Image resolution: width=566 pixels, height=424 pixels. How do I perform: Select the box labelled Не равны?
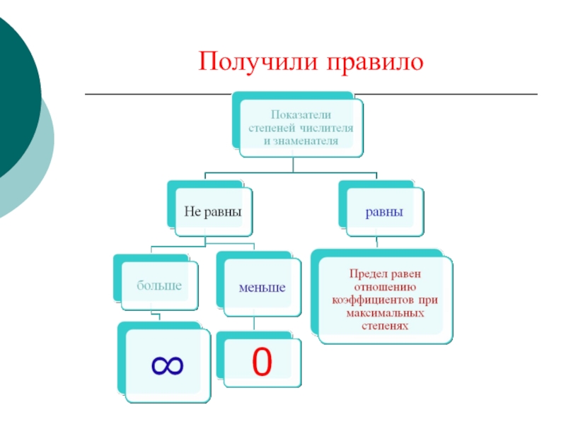[x=213, y=211]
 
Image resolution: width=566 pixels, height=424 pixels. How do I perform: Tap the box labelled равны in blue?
[x=384, y=211]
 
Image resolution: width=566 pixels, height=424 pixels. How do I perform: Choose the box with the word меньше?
[x=261, y=288]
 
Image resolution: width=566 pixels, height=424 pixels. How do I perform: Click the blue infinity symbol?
[x=167, y=365]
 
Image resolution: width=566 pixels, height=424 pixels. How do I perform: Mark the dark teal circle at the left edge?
[x=14, y=99]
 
